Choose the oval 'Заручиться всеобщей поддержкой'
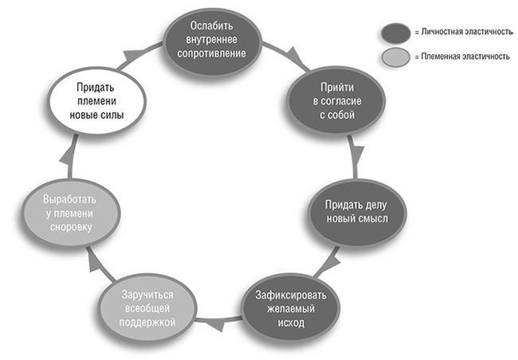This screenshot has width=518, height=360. point(148,307)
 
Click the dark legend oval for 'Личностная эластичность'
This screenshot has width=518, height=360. point(394,32)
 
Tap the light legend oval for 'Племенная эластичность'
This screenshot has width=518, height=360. point(394,57)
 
